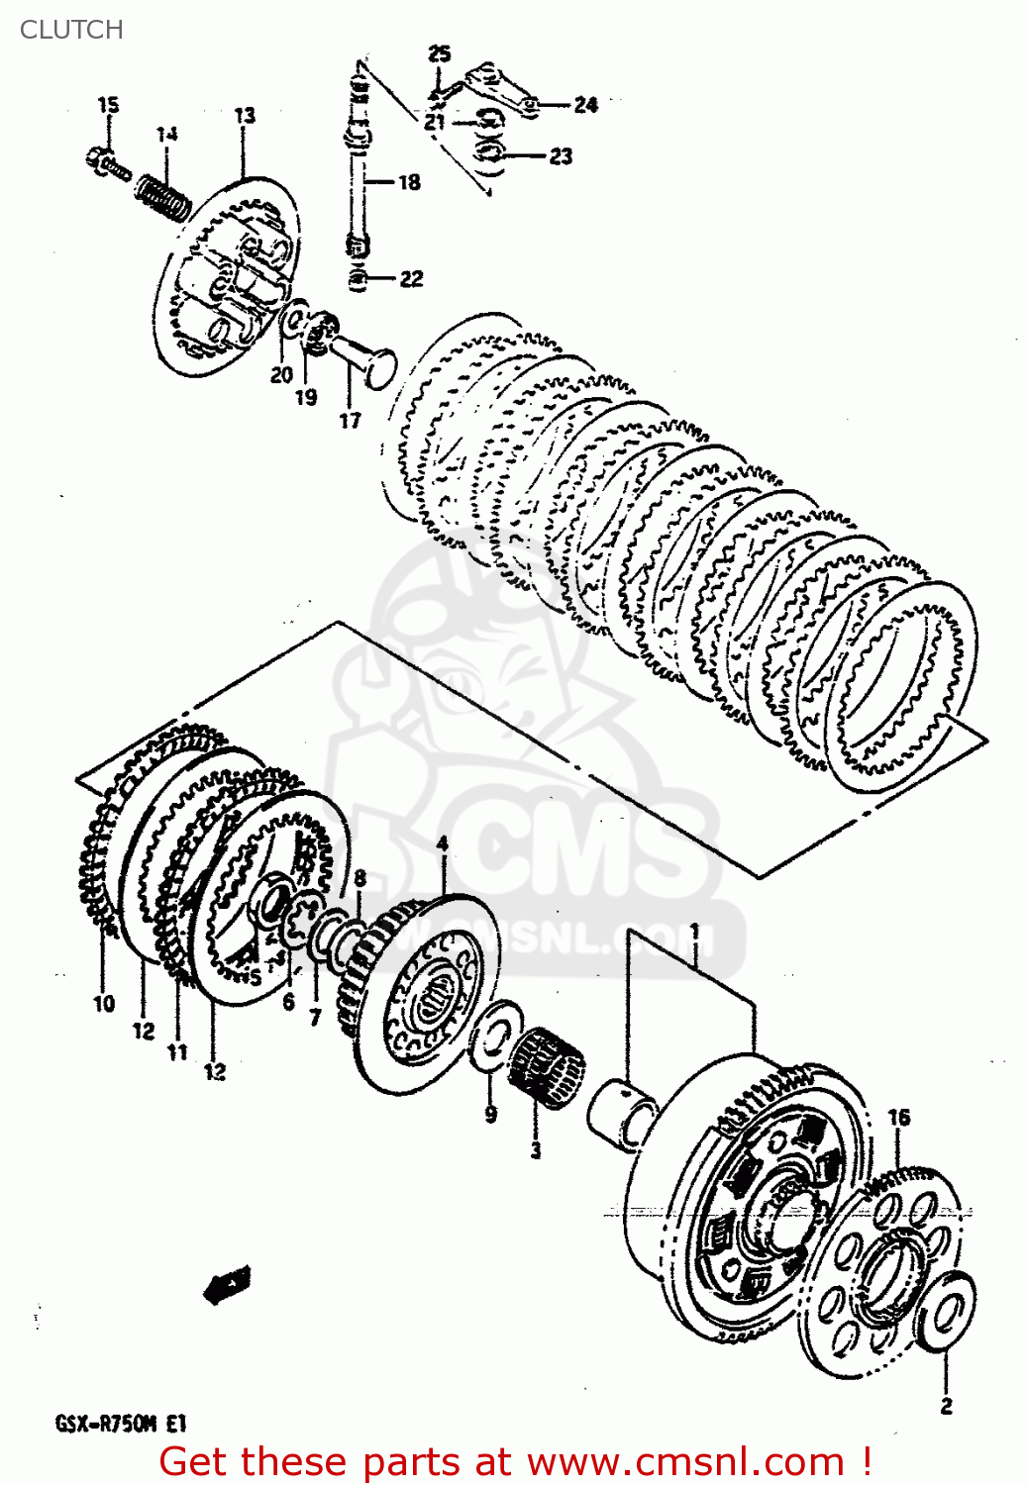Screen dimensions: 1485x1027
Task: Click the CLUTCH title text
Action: [x=71, y=30]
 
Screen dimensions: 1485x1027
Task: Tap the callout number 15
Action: [x=108, y=104]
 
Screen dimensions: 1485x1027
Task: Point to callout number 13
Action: [x=244, y=115]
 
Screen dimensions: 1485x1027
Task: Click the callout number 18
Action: [x=409, y=182]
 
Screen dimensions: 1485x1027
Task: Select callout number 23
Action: [x=561, y=156]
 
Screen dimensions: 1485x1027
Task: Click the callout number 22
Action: [x=411, y=279]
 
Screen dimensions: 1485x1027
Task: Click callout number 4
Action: [x=442, y=843]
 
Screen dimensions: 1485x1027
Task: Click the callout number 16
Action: [x=897, y=1118]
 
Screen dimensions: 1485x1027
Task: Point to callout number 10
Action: [x=104, y=1004]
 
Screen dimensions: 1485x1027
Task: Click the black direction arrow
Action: [x=227, y=1285]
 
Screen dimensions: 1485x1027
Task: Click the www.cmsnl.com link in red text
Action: [x=683, y=1462]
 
